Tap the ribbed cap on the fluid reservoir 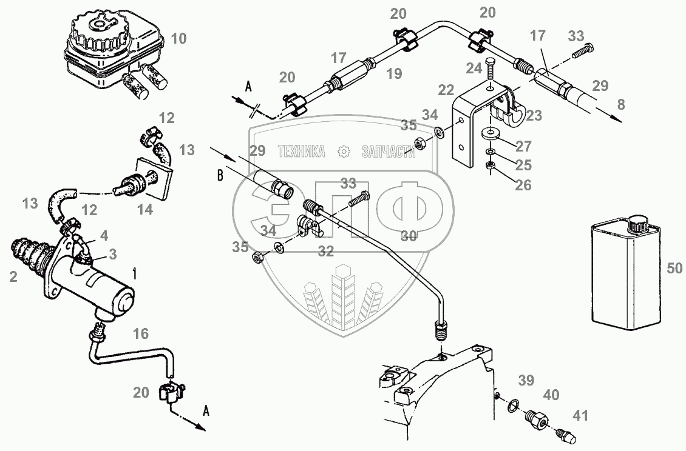101,32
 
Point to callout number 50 674,267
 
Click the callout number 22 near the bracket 446,90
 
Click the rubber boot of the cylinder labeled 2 28,254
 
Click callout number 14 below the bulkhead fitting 145,210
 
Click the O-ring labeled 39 513,404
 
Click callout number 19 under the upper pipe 394,75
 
